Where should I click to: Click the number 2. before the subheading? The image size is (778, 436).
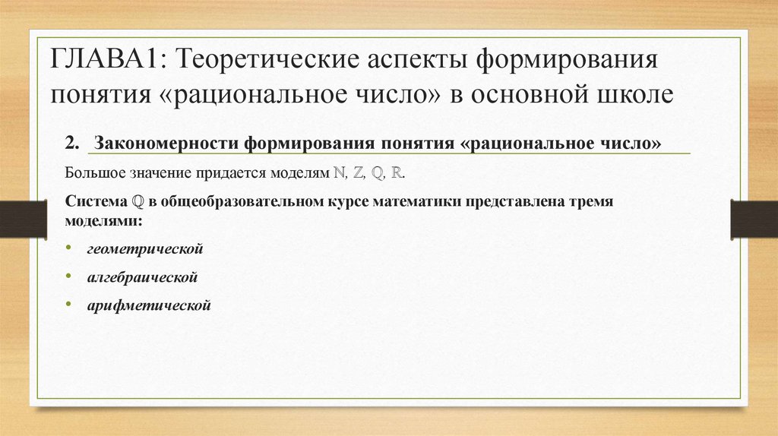click(73, 144)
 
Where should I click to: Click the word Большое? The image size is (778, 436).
click(96, 173)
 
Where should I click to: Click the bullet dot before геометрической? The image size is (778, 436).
click(68, 248)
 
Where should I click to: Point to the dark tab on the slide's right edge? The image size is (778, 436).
click(754, 220)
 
